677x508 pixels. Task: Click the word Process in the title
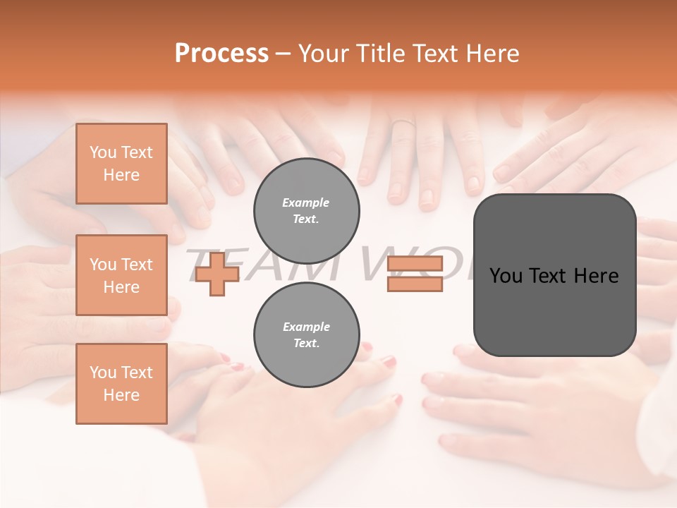[221, 54]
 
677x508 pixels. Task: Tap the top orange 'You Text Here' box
[121, 164]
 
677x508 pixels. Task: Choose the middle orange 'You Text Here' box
[121, 275]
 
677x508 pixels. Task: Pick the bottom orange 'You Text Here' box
[121, 384]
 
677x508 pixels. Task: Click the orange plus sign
[217, 274]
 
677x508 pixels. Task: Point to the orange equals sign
[415, 274]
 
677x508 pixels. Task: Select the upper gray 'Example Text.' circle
[306, 211]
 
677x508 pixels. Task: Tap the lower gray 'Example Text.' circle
[306, 335]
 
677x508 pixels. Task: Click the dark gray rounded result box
[554, 275]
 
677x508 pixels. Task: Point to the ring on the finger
[403, 124]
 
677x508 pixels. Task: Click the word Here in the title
[492, 54]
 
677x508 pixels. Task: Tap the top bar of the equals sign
[415, 264]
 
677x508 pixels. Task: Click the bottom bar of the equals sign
[415, 284]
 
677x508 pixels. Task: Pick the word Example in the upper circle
[306, 203]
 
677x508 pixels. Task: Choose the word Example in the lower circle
[306, 327]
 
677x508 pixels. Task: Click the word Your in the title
[324, 54]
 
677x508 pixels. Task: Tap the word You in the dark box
[506, 276]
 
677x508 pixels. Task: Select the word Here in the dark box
[596, 276]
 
